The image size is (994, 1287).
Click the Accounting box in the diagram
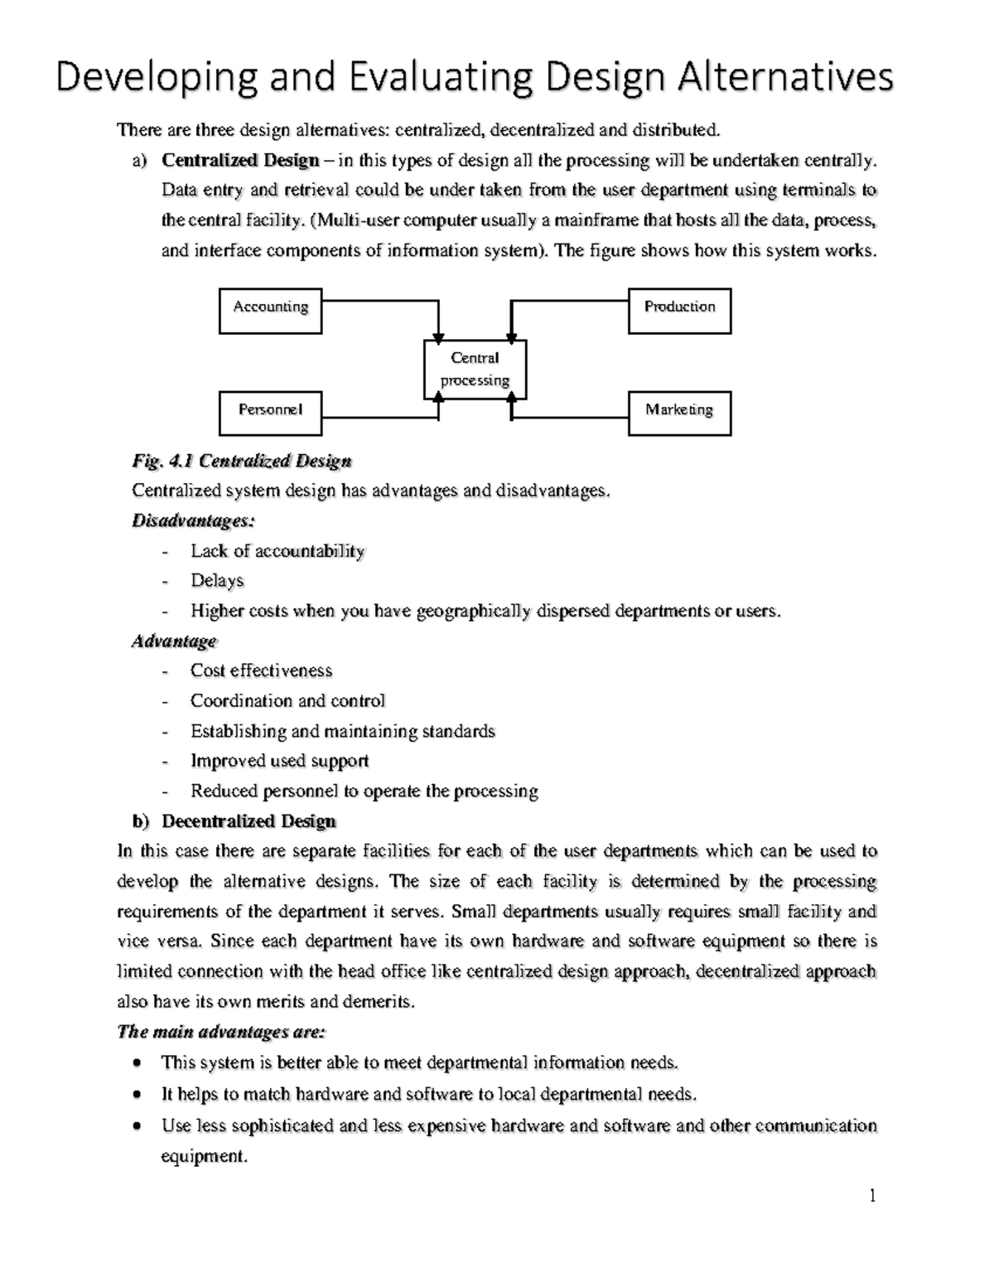tap(270, 311)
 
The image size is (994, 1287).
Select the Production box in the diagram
tap(679, 311)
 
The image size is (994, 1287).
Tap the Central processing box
tap(475, 370)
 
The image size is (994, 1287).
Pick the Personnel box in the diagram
tap(270, 413)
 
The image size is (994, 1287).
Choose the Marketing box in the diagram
tap(679, 413)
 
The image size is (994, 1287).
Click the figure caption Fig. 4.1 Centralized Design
tap(242, 461)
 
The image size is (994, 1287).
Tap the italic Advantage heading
tap(174, 641)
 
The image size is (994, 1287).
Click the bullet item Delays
tap(217, 581)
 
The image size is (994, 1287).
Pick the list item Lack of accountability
tap(277, 551)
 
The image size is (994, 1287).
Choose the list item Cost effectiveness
tap(261, 670)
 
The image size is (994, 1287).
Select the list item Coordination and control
tap(287, 701)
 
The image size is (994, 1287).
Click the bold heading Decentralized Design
tap(248, 821)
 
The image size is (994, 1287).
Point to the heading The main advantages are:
tap(221, 1032)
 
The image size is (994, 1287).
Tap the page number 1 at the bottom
tap(872, 1195)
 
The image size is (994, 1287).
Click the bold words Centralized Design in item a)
tap(240, 160)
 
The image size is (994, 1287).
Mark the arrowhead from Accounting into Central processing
tap(438, 336)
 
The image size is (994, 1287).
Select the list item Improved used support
tap(279, 761)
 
